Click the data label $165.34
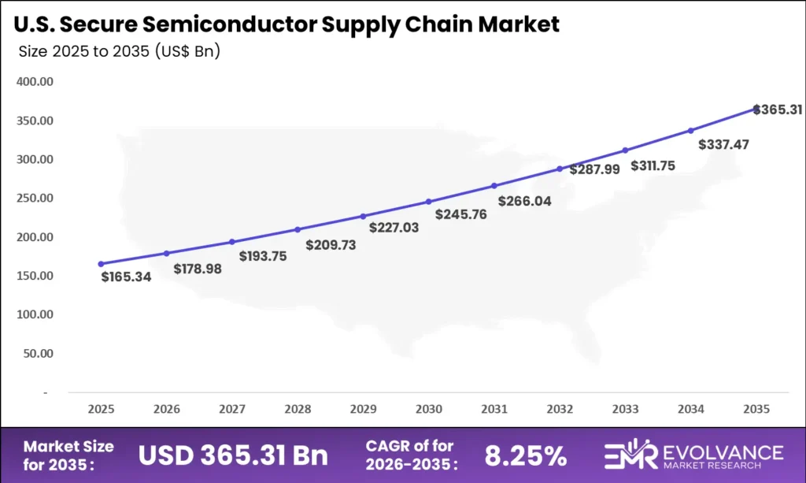[126, 277]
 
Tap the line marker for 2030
[429, 202]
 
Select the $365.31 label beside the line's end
[778, 110]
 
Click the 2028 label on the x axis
[298, 409]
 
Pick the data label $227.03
[394, 227]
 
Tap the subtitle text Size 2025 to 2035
[118, 53]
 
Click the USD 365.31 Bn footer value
[233, 455]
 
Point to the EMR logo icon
[629, 455]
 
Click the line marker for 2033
[625, 150]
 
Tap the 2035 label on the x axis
[756, 409]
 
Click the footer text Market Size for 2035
[68, 455]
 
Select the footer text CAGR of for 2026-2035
[410, 455]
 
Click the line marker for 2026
[167, 253]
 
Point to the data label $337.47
[723, 145]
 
